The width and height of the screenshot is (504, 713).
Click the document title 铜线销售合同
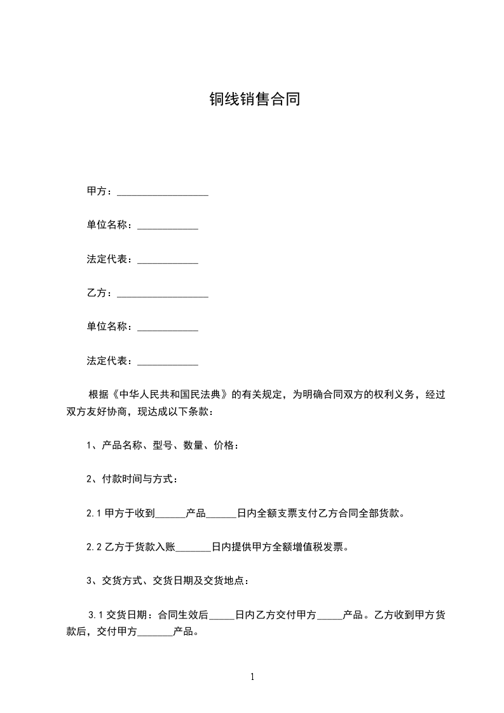[x=254, y=99]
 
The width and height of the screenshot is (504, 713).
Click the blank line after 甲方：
[x=163, y=191]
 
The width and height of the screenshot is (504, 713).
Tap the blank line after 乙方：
[x=163, y=294]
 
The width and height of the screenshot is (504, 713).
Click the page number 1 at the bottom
[x=252, y=677]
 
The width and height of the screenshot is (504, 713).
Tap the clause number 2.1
[x=95, y=513]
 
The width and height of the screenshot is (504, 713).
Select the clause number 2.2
[x=95, y=547]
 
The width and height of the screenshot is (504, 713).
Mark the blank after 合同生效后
[x=222, y=616]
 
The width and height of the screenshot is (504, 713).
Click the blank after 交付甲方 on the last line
[x=154, y=633]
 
